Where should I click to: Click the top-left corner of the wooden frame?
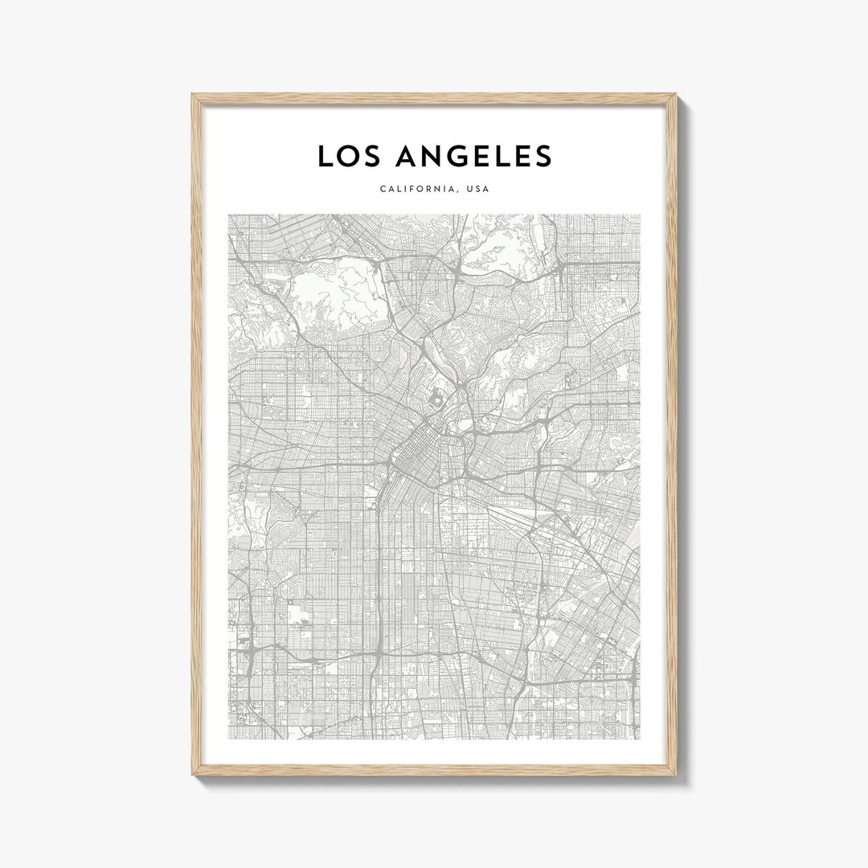click(x=192, y=94)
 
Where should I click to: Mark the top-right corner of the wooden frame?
click(x=677, y=94)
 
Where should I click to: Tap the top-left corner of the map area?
click(x=228, y=215)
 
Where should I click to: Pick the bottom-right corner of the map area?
click(x=641, y=739)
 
